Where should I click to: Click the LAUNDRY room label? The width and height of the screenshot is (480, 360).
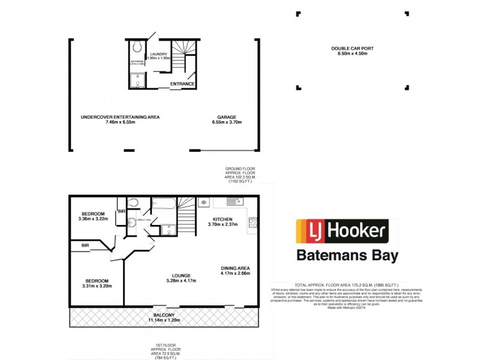tap(158, 54)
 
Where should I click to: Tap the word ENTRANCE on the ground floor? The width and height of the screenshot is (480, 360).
tap(182, 83)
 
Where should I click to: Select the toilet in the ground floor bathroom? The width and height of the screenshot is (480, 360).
tap(137, 47)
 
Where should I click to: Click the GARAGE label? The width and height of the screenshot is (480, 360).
tap(226, 117)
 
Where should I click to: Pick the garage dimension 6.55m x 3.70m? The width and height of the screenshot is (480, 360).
tap(226, 122)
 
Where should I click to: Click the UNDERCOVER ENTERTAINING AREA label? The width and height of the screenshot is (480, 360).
tap(121, 117)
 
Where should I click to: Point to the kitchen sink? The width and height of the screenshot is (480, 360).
tap(238, 202)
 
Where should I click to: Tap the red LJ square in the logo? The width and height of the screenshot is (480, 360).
tap(312, 230)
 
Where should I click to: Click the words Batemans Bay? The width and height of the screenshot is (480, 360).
tap(347, 256)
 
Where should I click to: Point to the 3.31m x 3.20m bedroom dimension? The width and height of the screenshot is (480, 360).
tap(97, 286)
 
